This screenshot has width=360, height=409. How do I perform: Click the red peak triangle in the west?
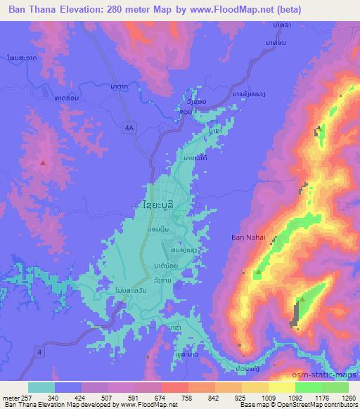(44, 163)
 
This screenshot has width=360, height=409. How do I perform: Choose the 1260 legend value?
(347, 398)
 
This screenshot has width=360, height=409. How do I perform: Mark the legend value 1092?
(288, 398)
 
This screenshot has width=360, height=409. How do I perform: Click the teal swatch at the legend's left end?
(41, 387)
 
